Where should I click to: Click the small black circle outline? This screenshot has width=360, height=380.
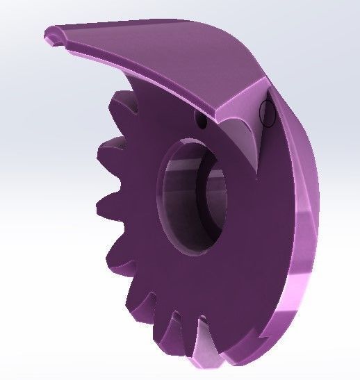(x=267, y=113)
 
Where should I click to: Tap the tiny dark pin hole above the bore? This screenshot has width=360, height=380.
(x=202, y=122)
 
